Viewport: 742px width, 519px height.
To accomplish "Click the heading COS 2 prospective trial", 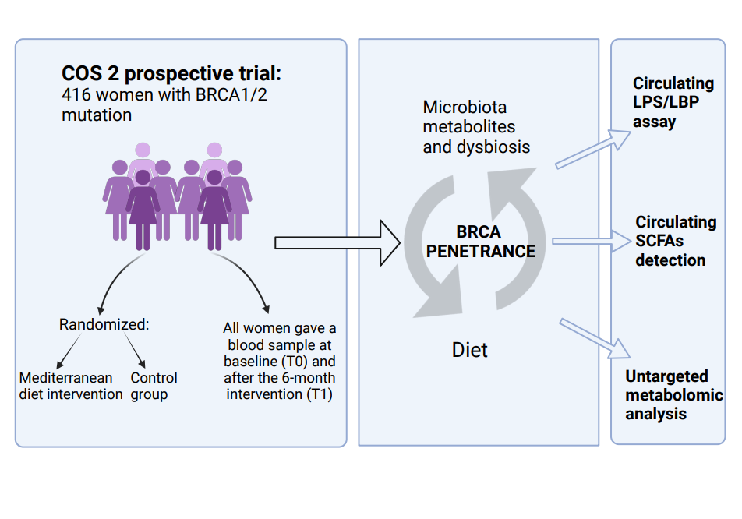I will (x=171, y=74).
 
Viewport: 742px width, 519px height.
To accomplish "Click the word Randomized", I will (x=104, y=324).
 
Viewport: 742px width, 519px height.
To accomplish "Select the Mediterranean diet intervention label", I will (x=71, y=386).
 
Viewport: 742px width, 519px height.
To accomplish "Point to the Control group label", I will (x=154, y=386).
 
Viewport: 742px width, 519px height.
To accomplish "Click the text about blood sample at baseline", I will (x=279, y=362).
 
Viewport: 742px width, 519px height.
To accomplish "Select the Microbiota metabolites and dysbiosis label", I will (x=476, y=126).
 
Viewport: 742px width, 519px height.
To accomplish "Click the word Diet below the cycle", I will (x=470, y=349).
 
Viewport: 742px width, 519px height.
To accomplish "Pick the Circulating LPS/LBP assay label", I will (x=673, y=102).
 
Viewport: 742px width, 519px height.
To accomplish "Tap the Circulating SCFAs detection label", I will (x=675, y=241).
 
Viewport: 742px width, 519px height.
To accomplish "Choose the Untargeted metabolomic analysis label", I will (x=673, y=395).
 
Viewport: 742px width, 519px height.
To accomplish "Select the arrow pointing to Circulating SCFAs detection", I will (x=595, y=241).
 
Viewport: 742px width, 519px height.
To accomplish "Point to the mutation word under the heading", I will (x=97, y=115).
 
